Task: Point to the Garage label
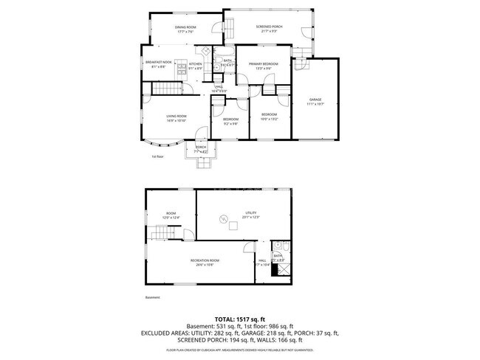[x=315, y=102]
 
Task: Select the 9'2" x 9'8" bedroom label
[x=231, y=121]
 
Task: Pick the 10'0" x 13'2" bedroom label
[x=268, y=116]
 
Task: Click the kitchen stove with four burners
[x=203, y=52]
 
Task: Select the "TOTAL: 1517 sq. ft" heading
[x=239, y=319]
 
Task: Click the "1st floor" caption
[x=157, y=156]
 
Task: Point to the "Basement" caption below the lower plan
[x=152, y=297]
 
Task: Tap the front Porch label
[x=201, y=148]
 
